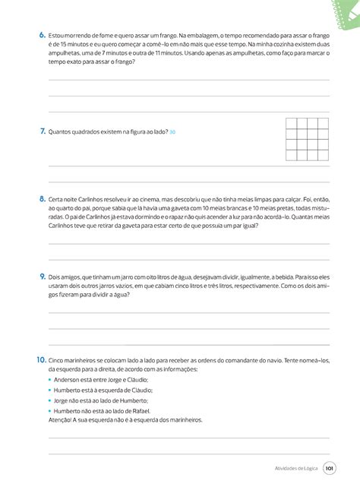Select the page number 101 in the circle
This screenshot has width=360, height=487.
329,469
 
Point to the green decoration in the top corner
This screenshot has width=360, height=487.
342,9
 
